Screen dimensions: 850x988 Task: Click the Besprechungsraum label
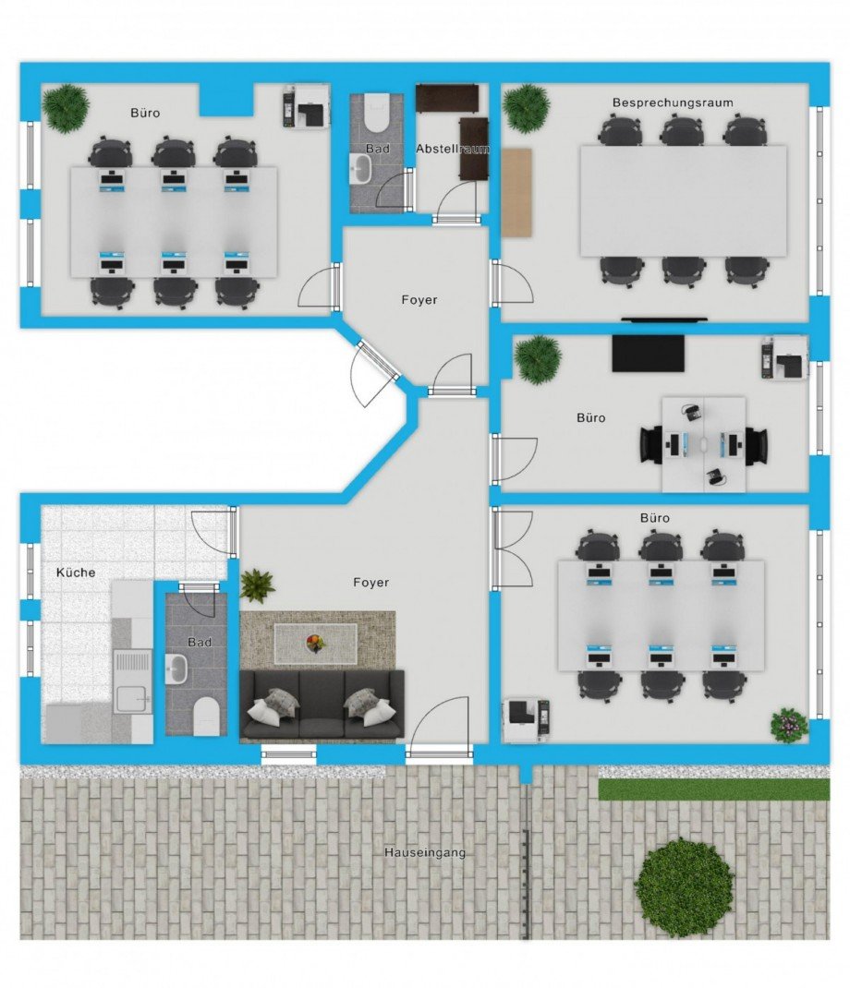[x=673, y=102]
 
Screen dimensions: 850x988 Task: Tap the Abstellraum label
[x=452, y=150]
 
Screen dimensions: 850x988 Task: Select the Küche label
[x=76, y=572]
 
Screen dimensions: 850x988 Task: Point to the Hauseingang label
[x=425, y=852]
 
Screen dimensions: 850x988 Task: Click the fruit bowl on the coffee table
[x=315, y=644]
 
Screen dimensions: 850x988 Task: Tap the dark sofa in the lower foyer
[x=322, y=704]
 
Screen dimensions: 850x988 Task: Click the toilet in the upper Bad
[x=378, y=112]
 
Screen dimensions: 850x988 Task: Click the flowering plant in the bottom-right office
[x=789, y=725]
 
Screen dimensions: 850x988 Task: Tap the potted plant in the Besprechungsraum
[x=526, y=108]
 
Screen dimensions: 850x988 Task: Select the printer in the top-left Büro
[x=306, y=106]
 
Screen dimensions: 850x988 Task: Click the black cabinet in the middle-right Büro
[x=649, y=354]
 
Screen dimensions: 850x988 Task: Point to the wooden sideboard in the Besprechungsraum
[x=517, y=193]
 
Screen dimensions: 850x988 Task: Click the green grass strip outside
[x=714, y=789]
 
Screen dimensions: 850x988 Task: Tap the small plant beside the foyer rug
[x=257, y=585]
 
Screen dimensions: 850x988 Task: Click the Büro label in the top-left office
[x=145, y=113]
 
